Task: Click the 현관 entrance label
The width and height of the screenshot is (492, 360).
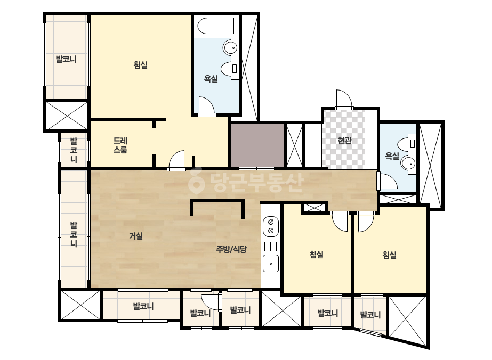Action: point(344,141)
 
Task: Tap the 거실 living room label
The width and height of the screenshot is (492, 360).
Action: point(136,236)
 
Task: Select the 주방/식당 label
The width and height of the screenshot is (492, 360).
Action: point(231,249)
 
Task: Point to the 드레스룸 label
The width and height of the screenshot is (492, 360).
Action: point(120,145)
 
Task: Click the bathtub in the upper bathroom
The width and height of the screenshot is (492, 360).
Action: point(216,26)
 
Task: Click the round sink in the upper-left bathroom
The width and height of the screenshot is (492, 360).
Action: point(231,48)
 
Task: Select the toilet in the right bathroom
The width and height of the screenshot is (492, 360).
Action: point(407,144)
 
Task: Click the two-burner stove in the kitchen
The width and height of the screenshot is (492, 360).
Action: point(271,226)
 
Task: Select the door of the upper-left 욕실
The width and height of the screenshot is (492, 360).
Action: point(206,107)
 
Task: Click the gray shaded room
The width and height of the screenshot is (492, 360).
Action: point(257,145)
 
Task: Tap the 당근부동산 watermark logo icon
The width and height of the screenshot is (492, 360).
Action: point(196,181)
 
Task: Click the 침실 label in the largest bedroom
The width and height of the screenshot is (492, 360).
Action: point(141,65)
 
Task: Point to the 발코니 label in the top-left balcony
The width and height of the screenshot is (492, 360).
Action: point(66,59)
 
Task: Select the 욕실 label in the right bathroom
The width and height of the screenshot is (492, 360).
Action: point(392,156)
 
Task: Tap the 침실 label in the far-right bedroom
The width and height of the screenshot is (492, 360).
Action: point(390,255)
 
